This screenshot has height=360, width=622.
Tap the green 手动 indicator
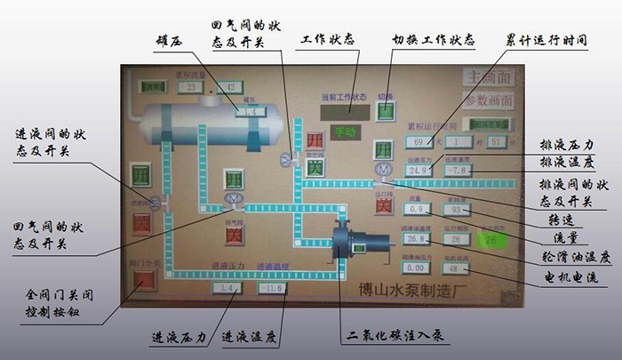(x=342, y=132)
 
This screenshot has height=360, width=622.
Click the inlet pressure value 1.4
(x=227, y=288)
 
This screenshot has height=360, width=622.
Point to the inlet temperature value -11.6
(x=272, y=288)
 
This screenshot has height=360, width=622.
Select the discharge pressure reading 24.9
(x=417, y=170)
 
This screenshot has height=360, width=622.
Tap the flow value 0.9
(x=415, y=209)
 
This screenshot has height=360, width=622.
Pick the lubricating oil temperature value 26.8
(x=415, y=238)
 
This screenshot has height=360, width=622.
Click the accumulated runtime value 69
(x=418, y=140)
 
